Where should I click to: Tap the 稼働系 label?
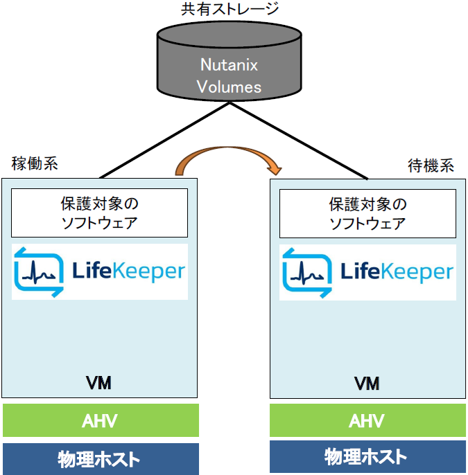tap(35, 164)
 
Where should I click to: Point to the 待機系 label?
tap(430, 166)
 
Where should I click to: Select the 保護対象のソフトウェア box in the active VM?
tap(100, 213)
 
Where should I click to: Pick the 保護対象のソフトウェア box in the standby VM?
tap(367, 213)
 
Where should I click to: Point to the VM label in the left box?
tap(99, 383)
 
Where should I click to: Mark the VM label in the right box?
tap(367, 383)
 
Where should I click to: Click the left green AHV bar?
tap(101, 421)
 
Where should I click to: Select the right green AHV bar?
tap(367, 421)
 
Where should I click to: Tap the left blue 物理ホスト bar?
tap(101, 458)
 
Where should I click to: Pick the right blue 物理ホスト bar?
tap(367, 456)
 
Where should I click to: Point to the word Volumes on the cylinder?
tap(229, 87)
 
